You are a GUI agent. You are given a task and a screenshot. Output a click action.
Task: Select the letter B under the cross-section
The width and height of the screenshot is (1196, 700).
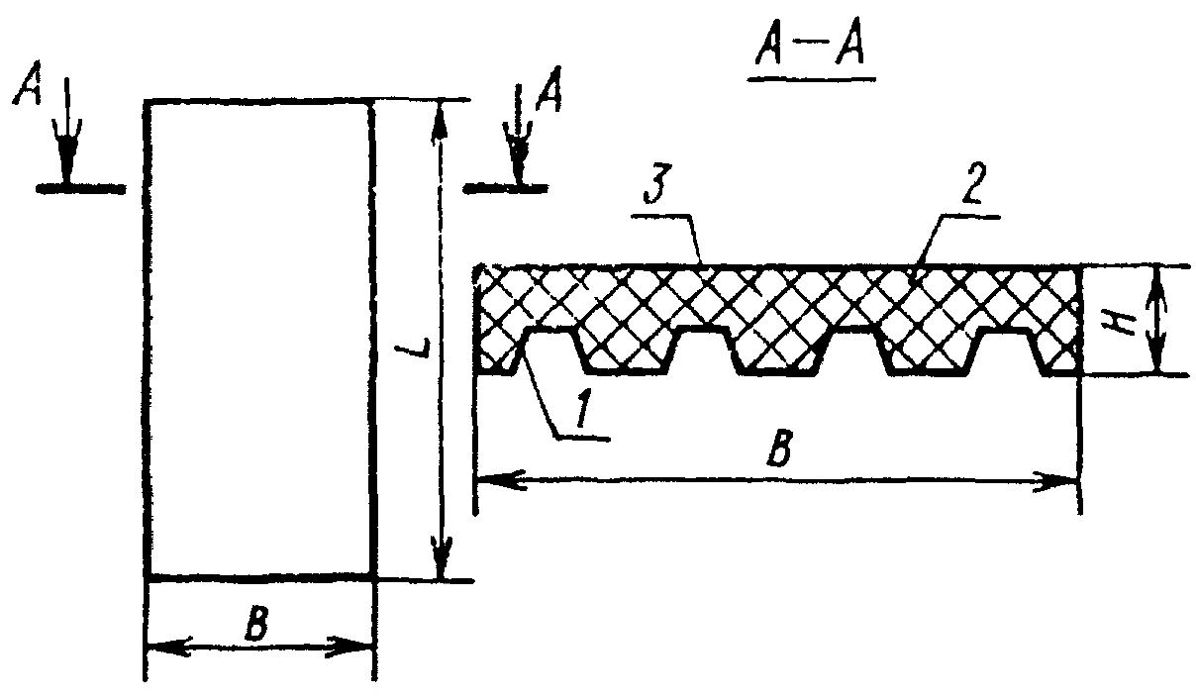[x=780, y=451]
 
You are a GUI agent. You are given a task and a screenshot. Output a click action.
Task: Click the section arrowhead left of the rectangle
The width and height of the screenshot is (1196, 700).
[x=66, y=158]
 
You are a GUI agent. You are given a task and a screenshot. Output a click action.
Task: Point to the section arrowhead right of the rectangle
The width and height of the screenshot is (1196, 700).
[x=518, y=158]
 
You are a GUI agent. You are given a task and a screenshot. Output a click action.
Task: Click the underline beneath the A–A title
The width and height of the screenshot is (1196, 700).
[x=804, y=83]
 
